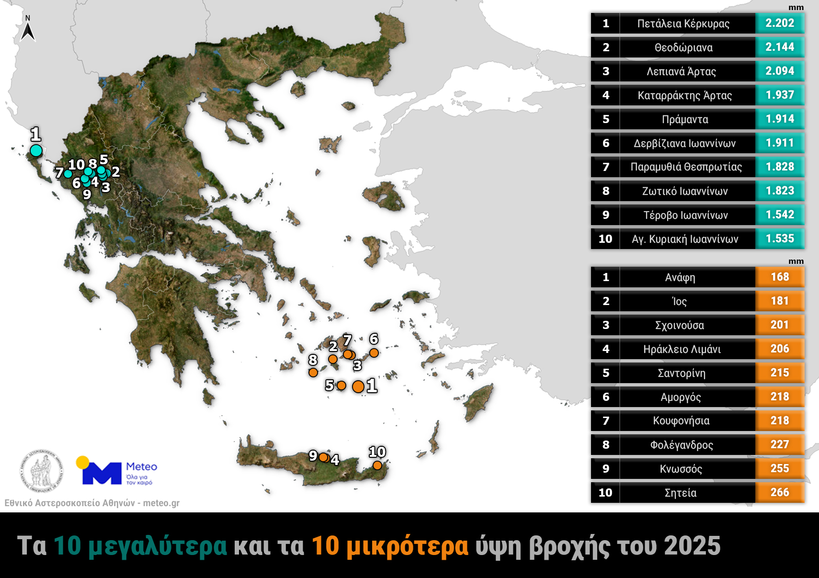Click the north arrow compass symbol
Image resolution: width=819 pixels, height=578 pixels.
tap(28, 29)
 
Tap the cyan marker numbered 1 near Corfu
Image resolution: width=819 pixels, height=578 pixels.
tap(36, 150)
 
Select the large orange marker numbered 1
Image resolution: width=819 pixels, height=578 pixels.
tap(358, 386)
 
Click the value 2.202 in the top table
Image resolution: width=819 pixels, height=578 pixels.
tap(779, 23)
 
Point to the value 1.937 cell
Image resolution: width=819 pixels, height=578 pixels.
tap(779, 95)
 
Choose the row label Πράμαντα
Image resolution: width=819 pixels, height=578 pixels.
tap(685, 119)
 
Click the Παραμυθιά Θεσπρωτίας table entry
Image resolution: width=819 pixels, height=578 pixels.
tap(686, 167)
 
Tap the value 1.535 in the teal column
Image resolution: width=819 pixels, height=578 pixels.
tap(779, 239)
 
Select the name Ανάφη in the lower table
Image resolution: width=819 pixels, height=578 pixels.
tap(680, 277)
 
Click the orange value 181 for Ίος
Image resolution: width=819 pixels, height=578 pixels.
tap(779, 301)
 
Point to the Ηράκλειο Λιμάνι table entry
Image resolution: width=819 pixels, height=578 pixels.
tap(682, 349)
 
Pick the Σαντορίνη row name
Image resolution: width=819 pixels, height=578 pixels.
tap(682, 373)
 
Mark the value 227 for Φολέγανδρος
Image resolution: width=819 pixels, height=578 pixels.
tap(779, 445)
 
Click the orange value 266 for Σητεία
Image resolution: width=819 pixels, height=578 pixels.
tap(779, 493)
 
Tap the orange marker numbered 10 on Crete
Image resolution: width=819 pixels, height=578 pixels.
tap(377, 465)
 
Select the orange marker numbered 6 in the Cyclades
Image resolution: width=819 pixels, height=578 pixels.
tap(374, 353)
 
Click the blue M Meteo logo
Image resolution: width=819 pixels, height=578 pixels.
tap(102, 473)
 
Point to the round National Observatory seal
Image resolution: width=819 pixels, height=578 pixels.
tap(41, 471)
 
